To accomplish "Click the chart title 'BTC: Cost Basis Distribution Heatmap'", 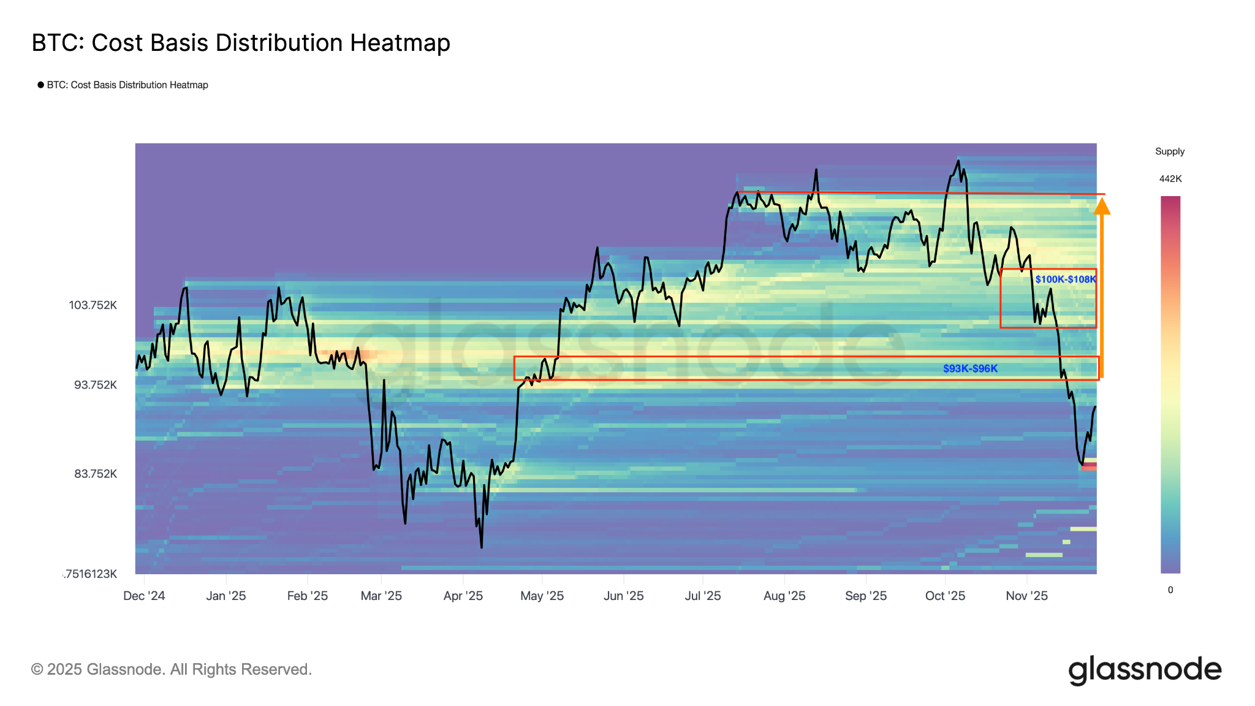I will [x=241, y=43].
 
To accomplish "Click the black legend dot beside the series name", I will [x=40, y=85].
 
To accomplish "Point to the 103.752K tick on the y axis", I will [x=93, y=305].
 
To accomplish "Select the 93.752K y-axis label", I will [x=96, y=385].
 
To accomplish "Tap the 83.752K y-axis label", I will [x=96, y=474].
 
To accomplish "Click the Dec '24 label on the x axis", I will [x=144, y=596].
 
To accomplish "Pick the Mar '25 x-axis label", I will [x=381, y=596].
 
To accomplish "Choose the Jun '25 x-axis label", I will [x=623, y=596].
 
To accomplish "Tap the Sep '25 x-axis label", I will [x=865, y=596].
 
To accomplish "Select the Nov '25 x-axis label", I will [x=1026, y=596].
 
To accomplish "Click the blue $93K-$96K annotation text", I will [x=970, y=368].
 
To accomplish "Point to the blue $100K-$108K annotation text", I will [x=1065, y=279].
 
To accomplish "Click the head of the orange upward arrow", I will [x=1102, y=207].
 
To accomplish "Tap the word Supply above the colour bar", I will [x=1169, y=151].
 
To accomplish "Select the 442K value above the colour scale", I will [x=1170, y=179].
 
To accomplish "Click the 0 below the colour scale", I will [x=1170, y=590].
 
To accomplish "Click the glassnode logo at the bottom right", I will [x=1144, y=670].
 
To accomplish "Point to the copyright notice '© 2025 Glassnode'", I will [x=171, y=669].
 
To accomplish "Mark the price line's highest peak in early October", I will [x=957, y=162].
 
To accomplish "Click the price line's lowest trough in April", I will [x=482, y=547].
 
